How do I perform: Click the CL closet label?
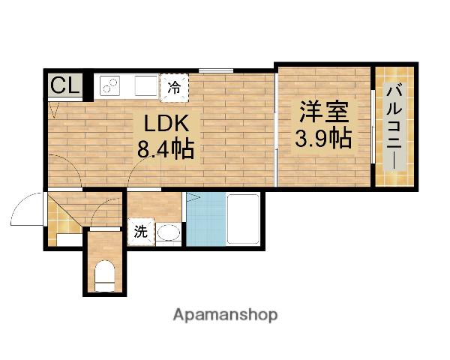pos(64,85)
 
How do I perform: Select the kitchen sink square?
pos(146,85)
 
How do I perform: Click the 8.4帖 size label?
pos(165,148)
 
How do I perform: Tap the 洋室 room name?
pos(324,112)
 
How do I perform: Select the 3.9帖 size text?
pos(324,138)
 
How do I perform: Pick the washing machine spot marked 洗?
pos(140,232)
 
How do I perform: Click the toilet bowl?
pos(105,274)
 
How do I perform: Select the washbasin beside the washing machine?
pos(168,233)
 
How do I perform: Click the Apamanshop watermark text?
pos(225,315)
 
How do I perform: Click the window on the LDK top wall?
pos(215,71)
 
